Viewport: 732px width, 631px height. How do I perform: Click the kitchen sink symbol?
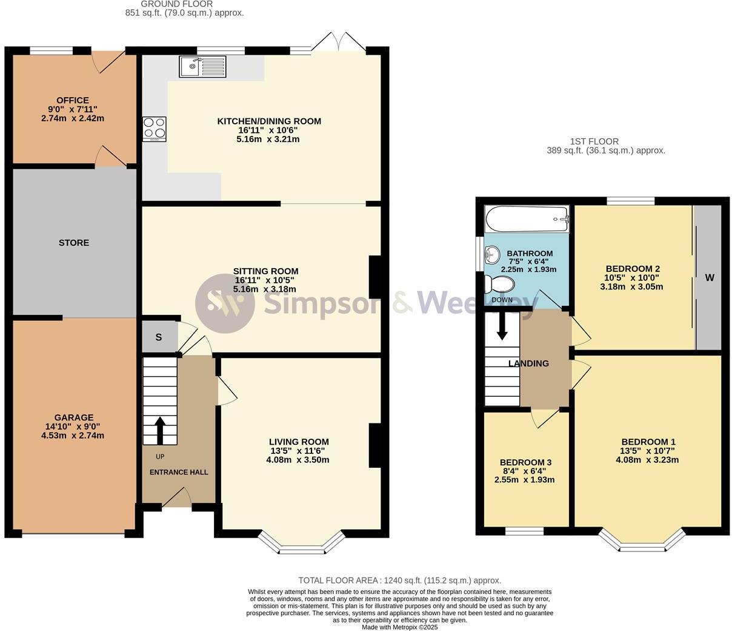202,66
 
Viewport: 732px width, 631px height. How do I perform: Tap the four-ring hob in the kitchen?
155,129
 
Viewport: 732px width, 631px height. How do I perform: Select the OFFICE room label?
73,100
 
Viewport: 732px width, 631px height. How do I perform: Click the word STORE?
74,243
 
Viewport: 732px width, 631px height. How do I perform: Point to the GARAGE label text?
74,417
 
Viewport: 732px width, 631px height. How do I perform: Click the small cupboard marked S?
159,337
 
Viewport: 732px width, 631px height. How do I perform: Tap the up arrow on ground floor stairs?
161,430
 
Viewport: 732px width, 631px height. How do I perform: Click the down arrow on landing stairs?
502,326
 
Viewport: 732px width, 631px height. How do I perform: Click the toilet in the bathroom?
499,284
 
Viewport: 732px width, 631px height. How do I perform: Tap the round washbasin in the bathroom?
491,253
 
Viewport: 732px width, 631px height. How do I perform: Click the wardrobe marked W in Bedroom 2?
709,278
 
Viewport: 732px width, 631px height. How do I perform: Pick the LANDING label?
528,363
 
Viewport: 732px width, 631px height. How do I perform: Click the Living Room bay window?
301,544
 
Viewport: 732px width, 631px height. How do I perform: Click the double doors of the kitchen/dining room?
340,42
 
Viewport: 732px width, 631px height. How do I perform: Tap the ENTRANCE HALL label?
179,472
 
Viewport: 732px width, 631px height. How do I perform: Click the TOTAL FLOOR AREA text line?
399,581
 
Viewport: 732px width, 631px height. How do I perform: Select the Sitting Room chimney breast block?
375,277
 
